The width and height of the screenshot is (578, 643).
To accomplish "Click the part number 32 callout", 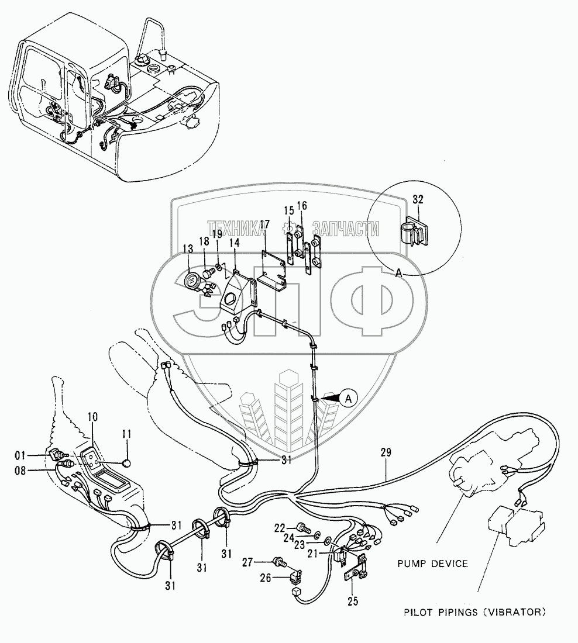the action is coord(418,200).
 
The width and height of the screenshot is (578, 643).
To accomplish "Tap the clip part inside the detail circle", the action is coord(414,233).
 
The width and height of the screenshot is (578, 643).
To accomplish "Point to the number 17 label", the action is coord(264,224).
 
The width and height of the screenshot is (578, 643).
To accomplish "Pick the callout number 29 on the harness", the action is coord(386,452).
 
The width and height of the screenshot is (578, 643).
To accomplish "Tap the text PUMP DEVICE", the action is coord(432,564).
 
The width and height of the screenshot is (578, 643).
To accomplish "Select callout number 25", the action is coord(353,601).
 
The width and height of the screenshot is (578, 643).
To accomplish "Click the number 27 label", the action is coord(247,562).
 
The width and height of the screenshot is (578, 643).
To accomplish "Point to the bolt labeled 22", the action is coord(303,527).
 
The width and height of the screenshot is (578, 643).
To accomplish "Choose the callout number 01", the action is coord(20,455).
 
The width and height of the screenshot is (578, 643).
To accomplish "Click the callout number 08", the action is coord(20,471).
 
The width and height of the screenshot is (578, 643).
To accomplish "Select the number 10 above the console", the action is coord(93,417).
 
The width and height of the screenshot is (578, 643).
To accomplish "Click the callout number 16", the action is coord(302,205).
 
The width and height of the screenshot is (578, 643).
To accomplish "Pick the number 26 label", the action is coord(266,578).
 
